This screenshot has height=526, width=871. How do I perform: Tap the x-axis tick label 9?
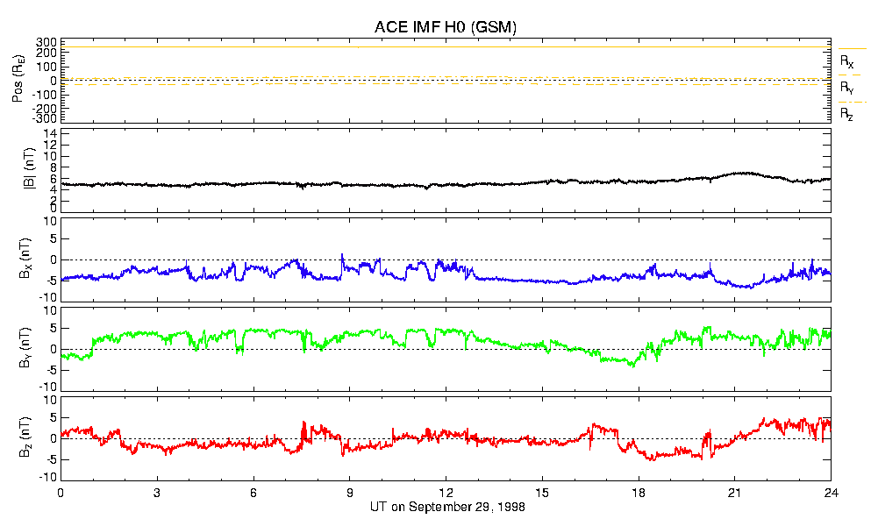[x=350, y=493]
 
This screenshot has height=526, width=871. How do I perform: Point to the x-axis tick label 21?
[x=735, y=493]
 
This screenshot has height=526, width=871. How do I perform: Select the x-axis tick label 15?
[x=542, y=493]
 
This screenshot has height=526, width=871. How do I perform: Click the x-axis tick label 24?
[x=831, y=493]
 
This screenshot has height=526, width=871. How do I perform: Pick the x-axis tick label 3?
[x=157, y=493]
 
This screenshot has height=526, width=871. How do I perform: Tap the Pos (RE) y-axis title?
[x=18, y=81]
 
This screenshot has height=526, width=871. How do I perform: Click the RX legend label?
[x=847, y=62]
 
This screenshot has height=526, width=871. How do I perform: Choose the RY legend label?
[x=847, y=88]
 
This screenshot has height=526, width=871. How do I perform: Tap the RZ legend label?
[x=847, y=114]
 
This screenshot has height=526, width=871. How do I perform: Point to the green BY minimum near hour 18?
[x=632, y=366]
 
